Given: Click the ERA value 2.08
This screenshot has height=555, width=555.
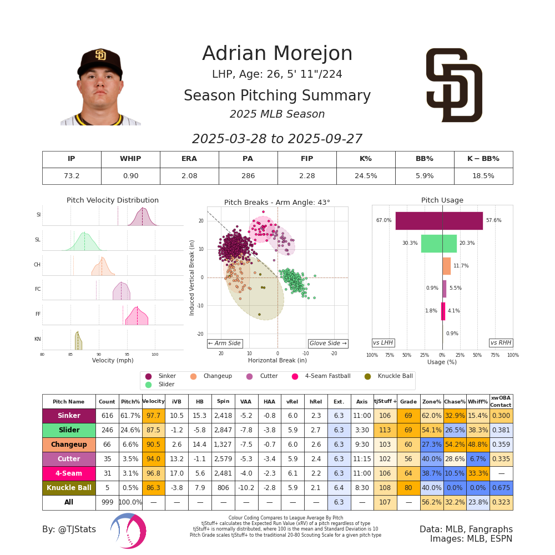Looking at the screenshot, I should click(189, 176).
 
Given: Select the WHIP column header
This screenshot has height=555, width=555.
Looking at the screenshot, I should click(130, 159).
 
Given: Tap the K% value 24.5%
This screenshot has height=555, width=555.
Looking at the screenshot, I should click(366, 176).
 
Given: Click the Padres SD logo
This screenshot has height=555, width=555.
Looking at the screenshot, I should click(454, 85).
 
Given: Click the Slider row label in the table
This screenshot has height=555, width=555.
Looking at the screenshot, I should click(69, 430).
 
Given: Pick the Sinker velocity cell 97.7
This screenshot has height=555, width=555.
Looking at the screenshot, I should click(153, 416).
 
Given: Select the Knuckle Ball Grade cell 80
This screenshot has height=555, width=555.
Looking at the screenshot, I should click(408, 488).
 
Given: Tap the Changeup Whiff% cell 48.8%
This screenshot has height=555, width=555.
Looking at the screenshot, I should click(477, 445).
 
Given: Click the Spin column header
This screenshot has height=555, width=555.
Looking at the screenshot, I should click(223, 401).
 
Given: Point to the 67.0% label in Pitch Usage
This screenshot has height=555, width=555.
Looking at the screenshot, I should click(384, 220).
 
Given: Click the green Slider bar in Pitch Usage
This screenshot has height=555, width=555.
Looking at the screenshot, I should click(438, 243).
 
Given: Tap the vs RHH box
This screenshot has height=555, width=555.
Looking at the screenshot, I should click(501, 343).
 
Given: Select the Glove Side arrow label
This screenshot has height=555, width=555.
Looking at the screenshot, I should click(328, 344).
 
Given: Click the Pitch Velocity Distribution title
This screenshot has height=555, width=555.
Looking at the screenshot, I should click(113, 200).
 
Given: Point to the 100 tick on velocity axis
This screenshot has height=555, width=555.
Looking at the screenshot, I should click(155, 354).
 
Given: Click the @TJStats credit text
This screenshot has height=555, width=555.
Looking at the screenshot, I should click(69, 529).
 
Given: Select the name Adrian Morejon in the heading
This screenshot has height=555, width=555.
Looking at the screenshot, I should click(277, 54).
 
